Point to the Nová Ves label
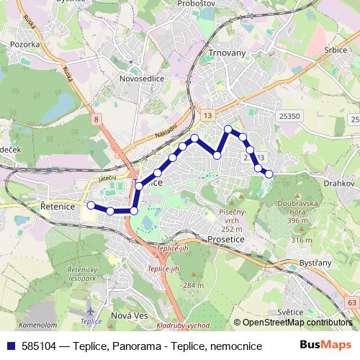click(x=130, y=316)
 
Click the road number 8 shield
click(x=96, y=117)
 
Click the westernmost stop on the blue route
click(x=91, y=205)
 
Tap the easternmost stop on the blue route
click(x=269, y=173)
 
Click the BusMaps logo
click(x=326, y=346)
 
